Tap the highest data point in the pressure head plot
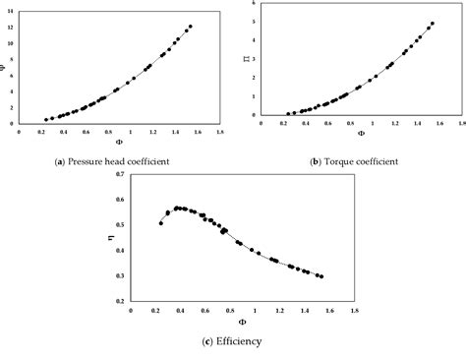(190, 27)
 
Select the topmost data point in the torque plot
(432, 24)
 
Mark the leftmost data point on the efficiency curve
(161, 223)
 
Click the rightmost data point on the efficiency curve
(321, 276)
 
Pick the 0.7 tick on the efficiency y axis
(120, 175)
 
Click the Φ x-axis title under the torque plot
(360, 134)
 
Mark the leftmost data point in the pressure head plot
(43, 120)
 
